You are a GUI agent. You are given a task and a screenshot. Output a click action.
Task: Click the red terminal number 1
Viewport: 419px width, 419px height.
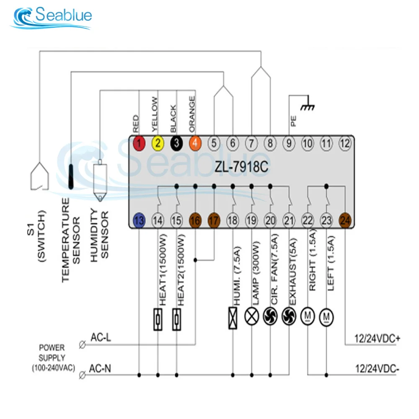(139, 143)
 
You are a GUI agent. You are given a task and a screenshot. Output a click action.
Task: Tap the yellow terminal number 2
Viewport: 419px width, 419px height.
(158, 143)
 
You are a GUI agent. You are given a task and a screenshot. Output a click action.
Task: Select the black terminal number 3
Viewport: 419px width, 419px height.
(176, 143)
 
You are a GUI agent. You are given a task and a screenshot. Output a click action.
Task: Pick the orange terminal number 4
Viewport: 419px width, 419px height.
(195, 143)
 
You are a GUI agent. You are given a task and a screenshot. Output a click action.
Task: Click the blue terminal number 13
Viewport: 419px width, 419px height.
(139, 220)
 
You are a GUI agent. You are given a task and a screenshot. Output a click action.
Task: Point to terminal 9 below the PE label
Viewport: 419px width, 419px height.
(289, 143)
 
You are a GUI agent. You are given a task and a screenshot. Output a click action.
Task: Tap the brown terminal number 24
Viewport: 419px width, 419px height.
(345, 220)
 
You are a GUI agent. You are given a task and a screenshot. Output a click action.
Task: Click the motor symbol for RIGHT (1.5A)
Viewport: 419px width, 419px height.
(308, 316)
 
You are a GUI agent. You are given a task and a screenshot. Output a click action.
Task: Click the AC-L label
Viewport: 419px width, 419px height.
(101, 338)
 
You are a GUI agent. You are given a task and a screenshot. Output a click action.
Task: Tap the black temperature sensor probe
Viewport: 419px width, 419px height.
(71, 176)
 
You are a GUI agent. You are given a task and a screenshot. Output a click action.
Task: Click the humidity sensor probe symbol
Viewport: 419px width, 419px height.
(100, 180)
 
